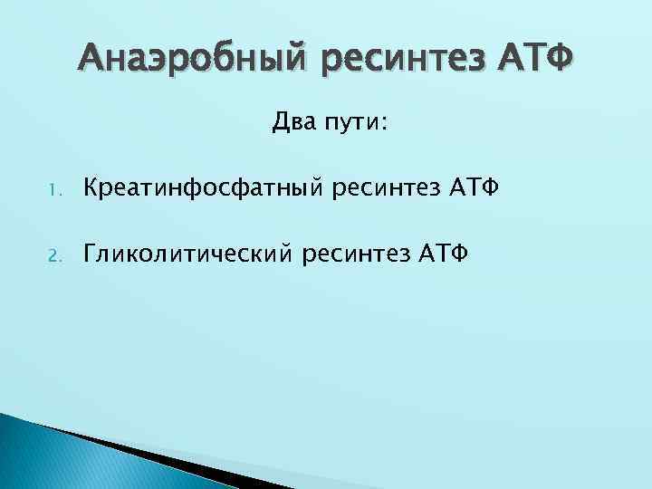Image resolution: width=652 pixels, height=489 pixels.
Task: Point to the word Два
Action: tap(289, 122)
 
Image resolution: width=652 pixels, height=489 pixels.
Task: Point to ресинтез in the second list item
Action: tap(369, 254)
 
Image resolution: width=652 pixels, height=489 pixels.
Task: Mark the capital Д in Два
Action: tap(278, 122)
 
